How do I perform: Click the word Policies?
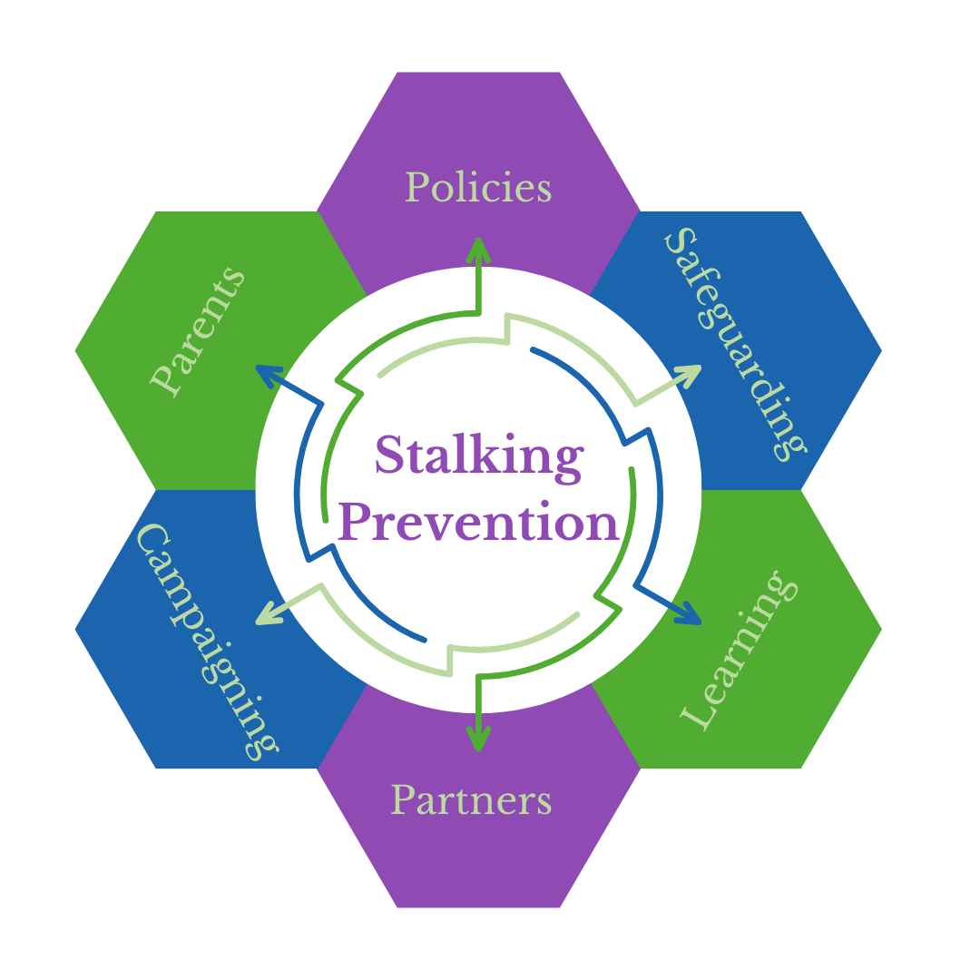click(x=478, y=188)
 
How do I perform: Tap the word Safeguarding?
click(x=736, y=344)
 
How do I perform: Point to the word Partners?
click(x=471, y=800)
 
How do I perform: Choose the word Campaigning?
click(x=208, y=641)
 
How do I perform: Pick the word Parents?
click(x=199, y=331)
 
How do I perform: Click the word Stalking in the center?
click(x=478, y=456)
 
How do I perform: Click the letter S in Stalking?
click(x=390, y=456)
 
